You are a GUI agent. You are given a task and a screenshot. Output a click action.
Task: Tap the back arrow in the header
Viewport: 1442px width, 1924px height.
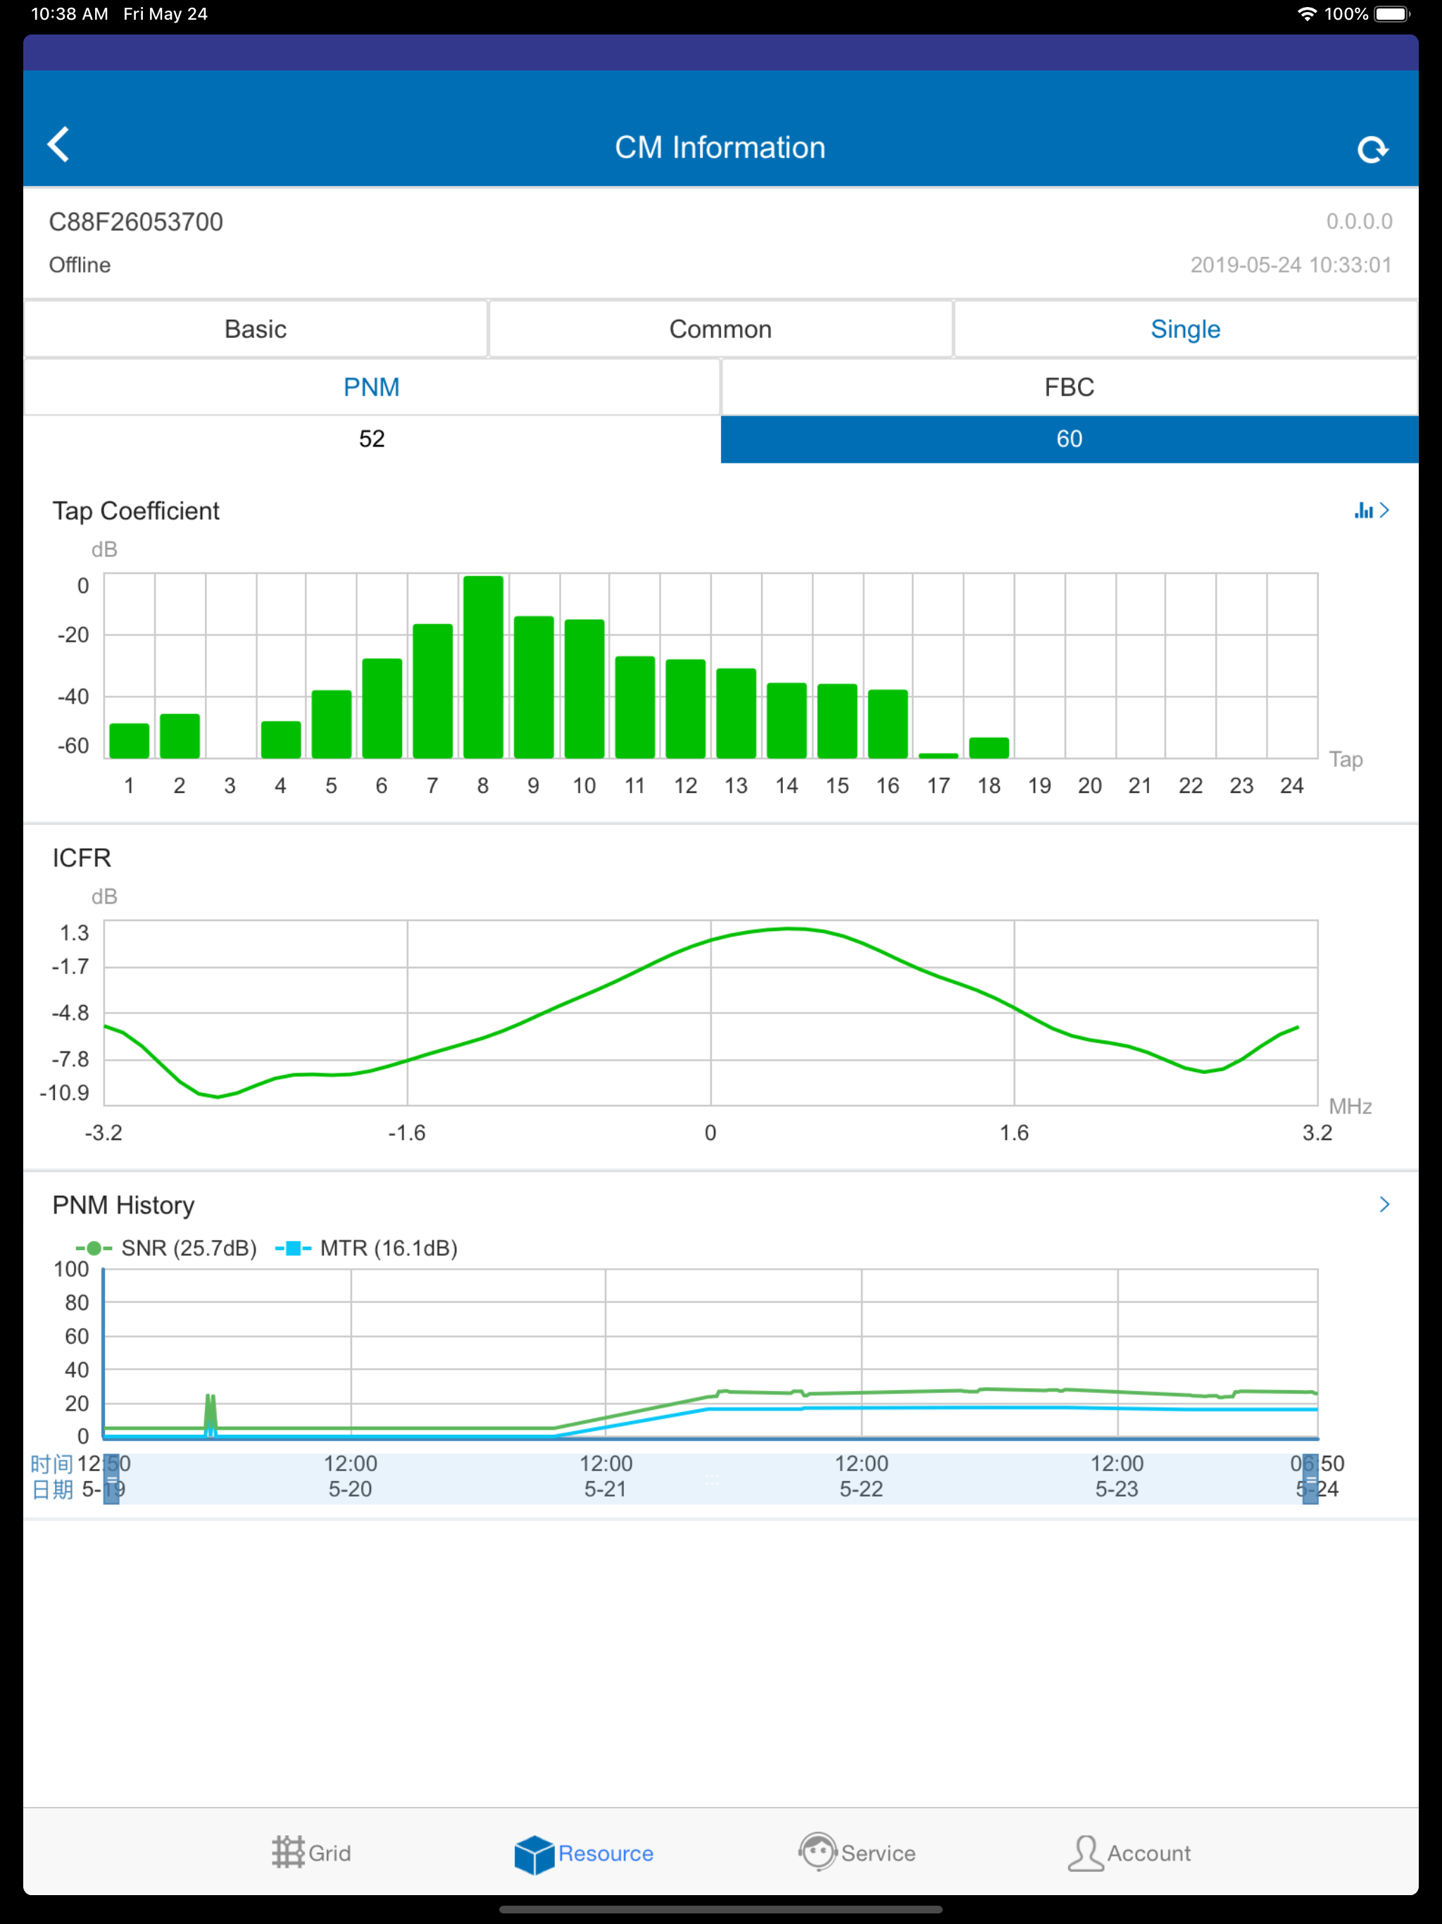click(58, 144)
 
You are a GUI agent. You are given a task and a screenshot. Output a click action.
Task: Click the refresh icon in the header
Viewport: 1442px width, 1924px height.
click(1372, 149)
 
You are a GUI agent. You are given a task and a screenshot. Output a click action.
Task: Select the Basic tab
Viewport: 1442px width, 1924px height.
click(255, 329)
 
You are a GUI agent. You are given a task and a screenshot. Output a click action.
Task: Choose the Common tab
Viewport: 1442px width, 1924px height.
click(720, 329)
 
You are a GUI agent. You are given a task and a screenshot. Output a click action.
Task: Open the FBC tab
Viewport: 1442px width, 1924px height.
click(1069, 387)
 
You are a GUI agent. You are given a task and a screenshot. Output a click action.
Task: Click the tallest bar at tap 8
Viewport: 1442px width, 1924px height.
click(483, 666)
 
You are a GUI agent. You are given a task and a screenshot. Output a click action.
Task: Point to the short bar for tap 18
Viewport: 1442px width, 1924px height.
click(989, 747)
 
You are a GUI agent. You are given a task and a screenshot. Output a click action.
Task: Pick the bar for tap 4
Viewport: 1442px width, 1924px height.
click(281, 739)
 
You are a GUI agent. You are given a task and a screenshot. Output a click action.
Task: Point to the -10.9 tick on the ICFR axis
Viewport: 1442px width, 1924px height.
click(64, 1092)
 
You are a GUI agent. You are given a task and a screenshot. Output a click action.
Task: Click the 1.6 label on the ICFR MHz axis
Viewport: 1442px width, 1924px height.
click(1014, 1132)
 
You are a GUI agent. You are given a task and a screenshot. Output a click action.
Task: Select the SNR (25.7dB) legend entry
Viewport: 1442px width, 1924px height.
click(166, 1248)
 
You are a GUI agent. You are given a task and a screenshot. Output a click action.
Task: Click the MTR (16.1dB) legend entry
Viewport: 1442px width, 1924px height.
click(366, 1248)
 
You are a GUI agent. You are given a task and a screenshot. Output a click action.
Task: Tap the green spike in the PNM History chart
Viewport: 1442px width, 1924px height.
click(210, 1413)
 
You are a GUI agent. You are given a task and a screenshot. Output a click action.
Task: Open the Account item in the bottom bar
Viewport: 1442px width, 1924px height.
click(1129, 1853)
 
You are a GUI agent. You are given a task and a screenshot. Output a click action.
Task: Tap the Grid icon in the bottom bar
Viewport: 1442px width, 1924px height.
click(288, 1853)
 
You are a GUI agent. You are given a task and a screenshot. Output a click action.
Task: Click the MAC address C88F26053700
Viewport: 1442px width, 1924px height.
click(136, 222)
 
